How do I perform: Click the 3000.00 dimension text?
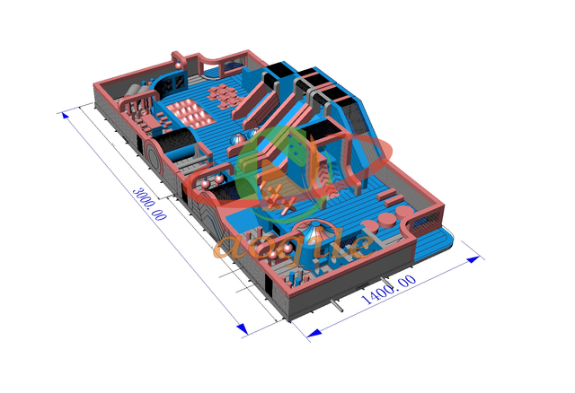[x=149, y=205]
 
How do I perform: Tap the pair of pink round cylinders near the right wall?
[x=389, y=218]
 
